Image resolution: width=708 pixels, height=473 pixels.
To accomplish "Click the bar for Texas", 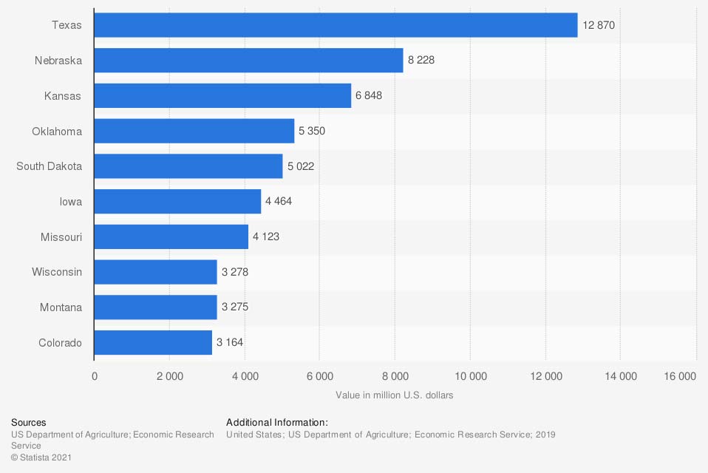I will tap(336, 25).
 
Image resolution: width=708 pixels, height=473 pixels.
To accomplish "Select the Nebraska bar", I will tap(248, 61).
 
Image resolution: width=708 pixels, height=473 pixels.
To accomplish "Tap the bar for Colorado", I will tap(153, 342).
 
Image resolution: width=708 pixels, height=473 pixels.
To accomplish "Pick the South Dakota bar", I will tap(188, 166).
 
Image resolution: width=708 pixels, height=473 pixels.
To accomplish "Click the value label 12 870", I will tap(599, 25).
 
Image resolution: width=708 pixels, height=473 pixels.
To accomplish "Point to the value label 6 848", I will tap(369, 96).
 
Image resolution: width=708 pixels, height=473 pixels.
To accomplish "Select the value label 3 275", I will tap(234, 307).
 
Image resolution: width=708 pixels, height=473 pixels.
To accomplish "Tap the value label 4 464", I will tap(279, 202).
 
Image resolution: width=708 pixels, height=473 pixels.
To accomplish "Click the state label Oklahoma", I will tap(57, 132).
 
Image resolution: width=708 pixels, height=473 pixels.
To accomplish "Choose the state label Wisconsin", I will tap(57, 272).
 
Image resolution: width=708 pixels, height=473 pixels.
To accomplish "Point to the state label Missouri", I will tap(61, 237).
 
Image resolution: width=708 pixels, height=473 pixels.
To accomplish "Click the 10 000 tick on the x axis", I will tap(469, 376).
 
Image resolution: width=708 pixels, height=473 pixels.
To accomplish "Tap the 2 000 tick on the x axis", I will tap(169, 376).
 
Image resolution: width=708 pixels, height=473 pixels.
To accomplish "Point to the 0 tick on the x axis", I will tap(95, 376).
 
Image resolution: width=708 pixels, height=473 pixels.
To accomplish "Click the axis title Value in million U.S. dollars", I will tap(394, 395).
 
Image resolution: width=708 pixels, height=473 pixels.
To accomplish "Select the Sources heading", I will tap(28, 423).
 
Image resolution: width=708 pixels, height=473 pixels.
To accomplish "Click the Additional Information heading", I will tap(276, 423).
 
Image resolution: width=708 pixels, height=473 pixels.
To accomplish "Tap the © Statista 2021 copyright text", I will tap(41, 458).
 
